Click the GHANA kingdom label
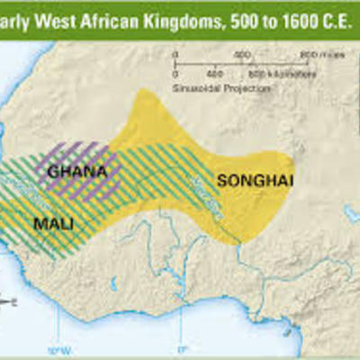pos(78,169)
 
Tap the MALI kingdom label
pos(54,221)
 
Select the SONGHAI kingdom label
pos(243,181)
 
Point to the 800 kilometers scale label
pos(270,72)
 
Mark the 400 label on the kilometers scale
pos(214,72)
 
